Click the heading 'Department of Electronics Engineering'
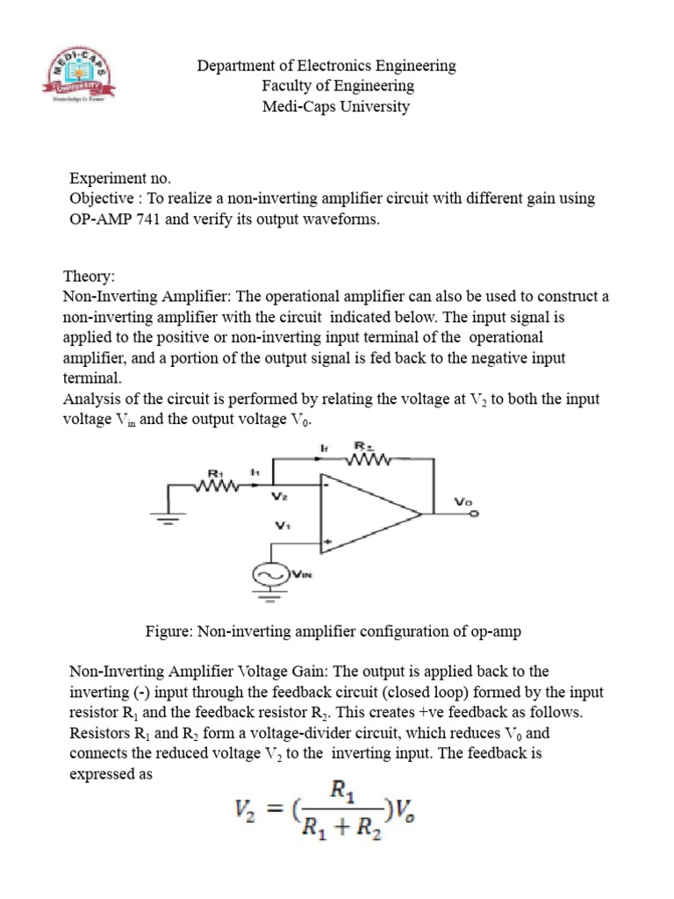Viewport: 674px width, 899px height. (326, 66)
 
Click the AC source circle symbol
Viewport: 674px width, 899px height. (268, 574)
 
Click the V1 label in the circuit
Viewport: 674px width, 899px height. (281, 527)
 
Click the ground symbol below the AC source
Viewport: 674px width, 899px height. (268, 601)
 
